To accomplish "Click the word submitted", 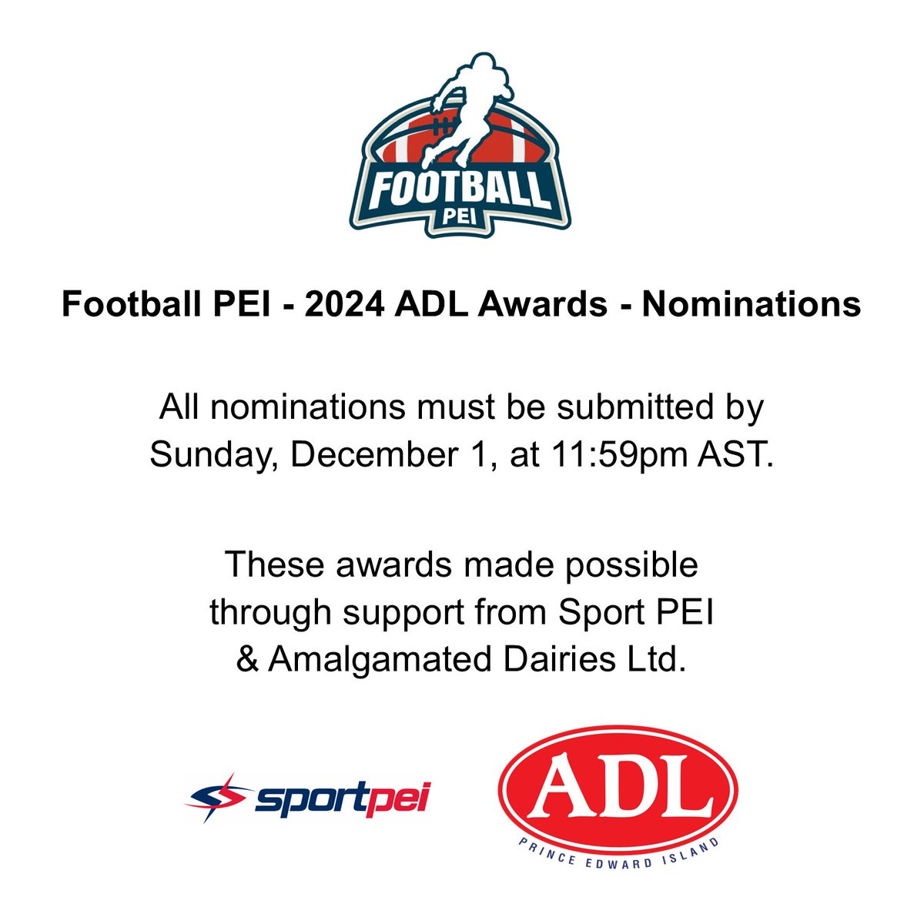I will (638, 407).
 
